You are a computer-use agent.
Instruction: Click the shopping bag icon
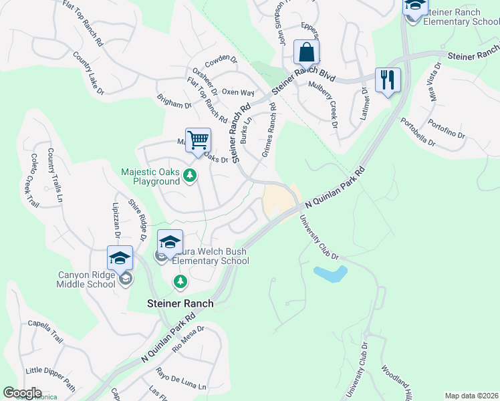306,52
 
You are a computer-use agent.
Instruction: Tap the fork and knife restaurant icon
388,80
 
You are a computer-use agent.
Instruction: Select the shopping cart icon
198,140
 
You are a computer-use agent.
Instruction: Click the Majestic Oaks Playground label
150,176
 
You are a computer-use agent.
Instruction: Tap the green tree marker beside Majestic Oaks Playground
191,176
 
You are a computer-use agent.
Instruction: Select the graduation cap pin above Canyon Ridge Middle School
120,258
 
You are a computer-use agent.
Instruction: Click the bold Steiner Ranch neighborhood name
180,303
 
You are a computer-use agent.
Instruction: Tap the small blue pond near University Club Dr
330,273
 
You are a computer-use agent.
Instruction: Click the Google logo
22,393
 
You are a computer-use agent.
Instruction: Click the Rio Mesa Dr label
188,340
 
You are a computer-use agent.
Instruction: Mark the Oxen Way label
238,92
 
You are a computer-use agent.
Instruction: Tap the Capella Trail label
44,331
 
